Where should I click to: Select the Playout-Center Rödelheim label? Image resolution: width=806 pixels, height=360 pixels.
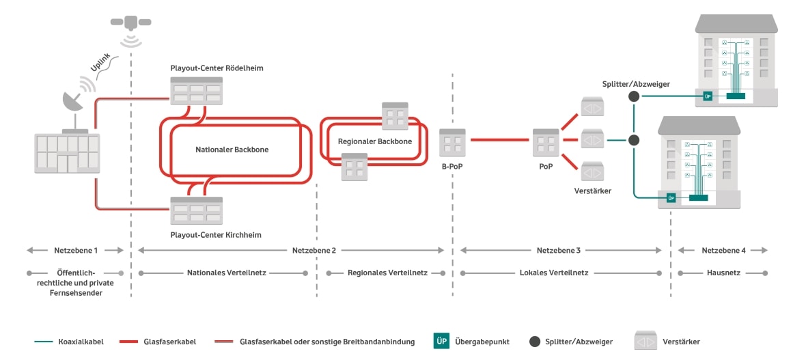pos(217,68)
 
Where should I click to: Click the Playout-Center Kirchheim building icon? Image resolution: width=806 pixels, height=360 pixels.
pos(197,210)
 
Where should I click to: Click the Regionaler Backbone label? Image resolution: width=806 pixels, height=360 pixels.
pos(375,141)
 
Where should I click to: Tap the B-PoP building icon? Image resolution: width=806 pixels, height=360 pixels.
pos(452,141)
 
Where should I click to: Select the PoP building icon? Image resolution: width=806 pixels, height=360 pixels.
pos(546,141)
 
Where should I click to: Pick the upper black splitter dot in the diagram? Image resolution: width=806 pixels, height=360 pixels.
pos(633,97)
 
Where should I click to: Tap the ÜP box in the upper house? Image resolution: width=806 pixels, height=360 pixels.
pos(708,97)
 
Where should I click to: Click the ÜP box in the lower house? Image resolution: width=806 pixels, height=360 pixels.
pos(671,198)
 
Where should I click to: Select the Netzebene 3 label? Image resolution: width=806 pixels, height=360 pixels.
pos(561,251)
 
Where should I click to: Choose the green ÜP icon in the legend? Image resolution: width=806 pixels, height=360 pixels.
pos(441,341)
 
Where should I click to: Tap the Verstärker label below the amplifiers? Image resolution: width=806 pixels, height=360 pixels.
pos(592,191)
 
